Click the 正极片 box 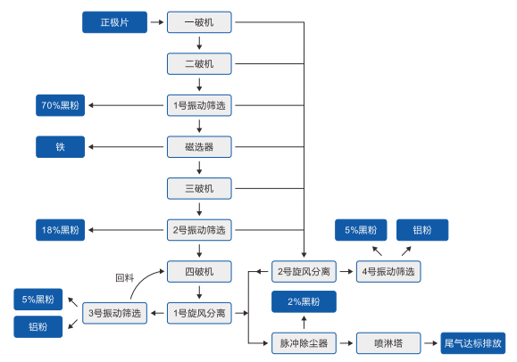(115, 22)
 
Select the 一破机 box (199, 22)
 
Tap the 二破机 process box (199, 63)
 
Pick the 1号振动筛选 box (199, 105)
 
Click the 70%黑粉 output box (61, 105)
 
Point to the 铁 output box (61, 147)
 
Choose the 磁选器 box (199, 147)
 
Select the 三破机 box (199, 188)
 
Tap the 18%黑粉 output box (61, 230)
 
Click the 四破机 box (199, 271)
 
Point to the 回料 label (125, 277)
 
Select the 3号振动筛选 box (115, 313)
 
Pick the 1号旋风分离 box (199, 313)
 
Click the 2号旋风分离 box (304, 271)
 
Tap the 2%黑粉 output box (304, 301)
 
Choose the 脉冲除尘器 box (304, 343)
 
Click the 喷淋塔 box (388, 343)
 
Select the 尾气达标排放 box (473, 343)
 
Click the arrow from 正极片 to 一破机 (157, 22)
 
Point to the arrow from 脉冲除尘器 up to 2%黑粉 (304, 323)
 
